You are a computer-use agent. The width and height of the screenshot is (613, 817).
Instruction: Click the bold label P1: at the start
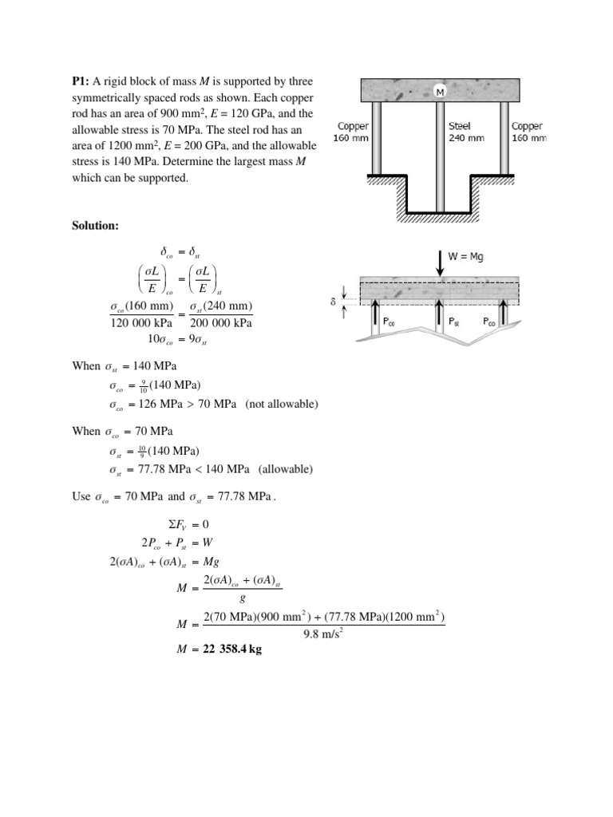click(x=83, y=82)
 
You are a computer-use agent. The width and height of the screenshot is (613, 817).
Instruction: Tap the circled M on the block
click(x=439, y=93)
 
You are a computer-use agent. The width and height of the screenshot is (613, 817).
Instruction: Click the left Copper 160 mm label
click(x=351, y=132)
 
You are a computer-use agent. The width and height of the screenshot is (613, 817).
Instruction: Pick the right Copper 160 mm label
click(x=528, y=132)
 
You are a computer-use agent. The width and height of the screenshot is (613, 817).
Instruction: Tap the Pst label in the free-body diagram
click(x=453, y=322)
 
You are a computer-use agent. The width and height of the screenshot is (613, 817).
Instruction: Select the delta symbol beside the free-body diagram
click(x=333, y=302)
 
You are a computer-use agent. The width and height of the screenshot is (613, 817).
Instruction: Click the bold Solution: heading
click(x=95, y=227)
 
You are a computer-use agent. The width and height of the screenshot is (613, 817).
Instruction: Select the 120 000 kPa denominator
click(x=141, y=323)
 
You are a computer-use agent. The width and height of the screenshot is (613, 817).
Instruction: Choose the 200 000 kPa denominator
click(x=221, y=323)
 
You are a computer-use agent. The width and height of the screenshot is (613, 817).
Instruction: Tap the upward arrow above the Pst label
click(x=440, y=317)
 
